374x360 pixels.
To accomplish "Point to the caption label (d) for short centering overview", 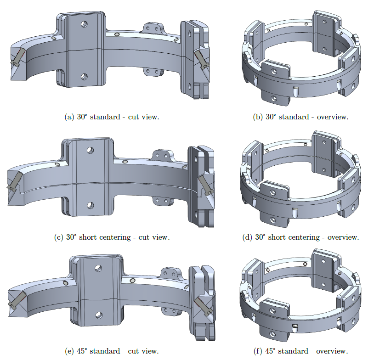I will point(248,237).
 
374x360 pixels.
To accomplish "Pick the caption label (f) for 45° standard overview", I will point(258,351).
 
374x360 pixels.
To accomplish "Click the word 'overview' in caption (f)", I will point(332,351).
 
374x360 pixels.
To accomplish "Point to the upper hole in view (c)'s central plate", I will point(91,150).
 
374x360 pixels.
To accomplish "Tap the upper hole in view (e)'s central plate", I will point(98,268).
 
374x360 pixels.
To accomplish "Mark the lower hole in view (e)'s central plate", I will point(98,315).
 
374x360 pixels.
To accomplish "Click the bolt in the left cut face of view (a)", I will point(17,56).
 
